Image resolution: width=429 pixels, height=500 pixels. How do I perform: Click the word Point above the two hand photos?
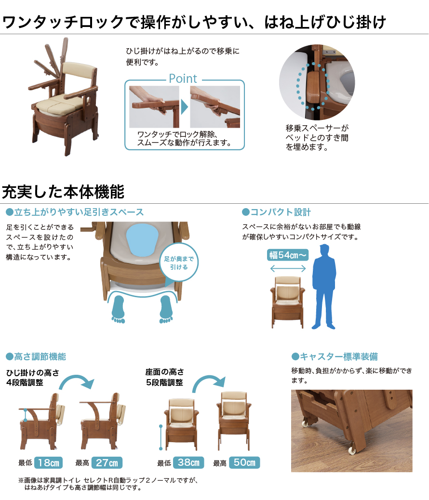coord(183,79)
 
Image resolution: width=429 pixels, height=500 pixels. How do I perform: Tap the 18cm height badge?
coord(48,462)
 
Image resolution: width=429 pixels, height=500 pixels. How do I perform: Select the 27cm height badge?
coord(107,462)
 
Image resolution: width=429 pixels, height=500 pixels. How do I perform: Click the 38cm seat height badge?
coord(188,462)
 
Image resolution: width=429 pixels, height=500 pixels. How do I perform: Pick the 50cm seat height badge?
coord(244,462)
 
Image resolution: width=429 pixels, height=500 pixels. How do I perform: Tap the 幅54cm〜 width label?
coord(288,255)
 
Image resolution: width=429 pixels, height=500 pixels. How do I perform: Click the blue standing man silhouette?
coord(324,286)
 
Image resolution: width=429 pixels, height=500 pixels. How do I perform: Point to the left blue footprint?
coord(119,309)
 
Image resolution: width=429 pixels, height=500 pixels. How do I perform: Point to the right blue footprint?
coord(166,309)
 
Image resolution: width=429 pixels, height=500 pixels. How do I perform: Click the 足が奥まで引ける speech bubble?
coord(179,263)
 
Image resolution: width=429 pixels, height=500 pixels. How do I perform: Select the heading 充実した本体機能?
coord(63,192)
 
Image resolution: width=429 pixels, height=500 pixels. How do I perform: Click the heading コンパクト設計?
coord(276,212)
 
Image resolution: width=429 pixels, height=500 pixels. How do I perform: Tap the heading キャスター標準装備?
coord(335,356)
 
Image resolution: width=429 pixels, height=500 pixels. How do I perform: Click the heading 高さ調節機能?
coord(36,356)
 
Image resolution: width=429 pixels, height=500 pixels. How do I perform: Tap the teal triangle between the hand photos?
coord(185,107)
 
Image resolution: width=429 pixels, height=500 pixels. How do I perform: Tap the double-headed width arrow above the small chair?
coord(288,268)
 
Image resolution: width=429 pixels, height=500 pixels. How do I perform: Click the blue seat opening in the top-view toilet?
coord(142,239)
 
